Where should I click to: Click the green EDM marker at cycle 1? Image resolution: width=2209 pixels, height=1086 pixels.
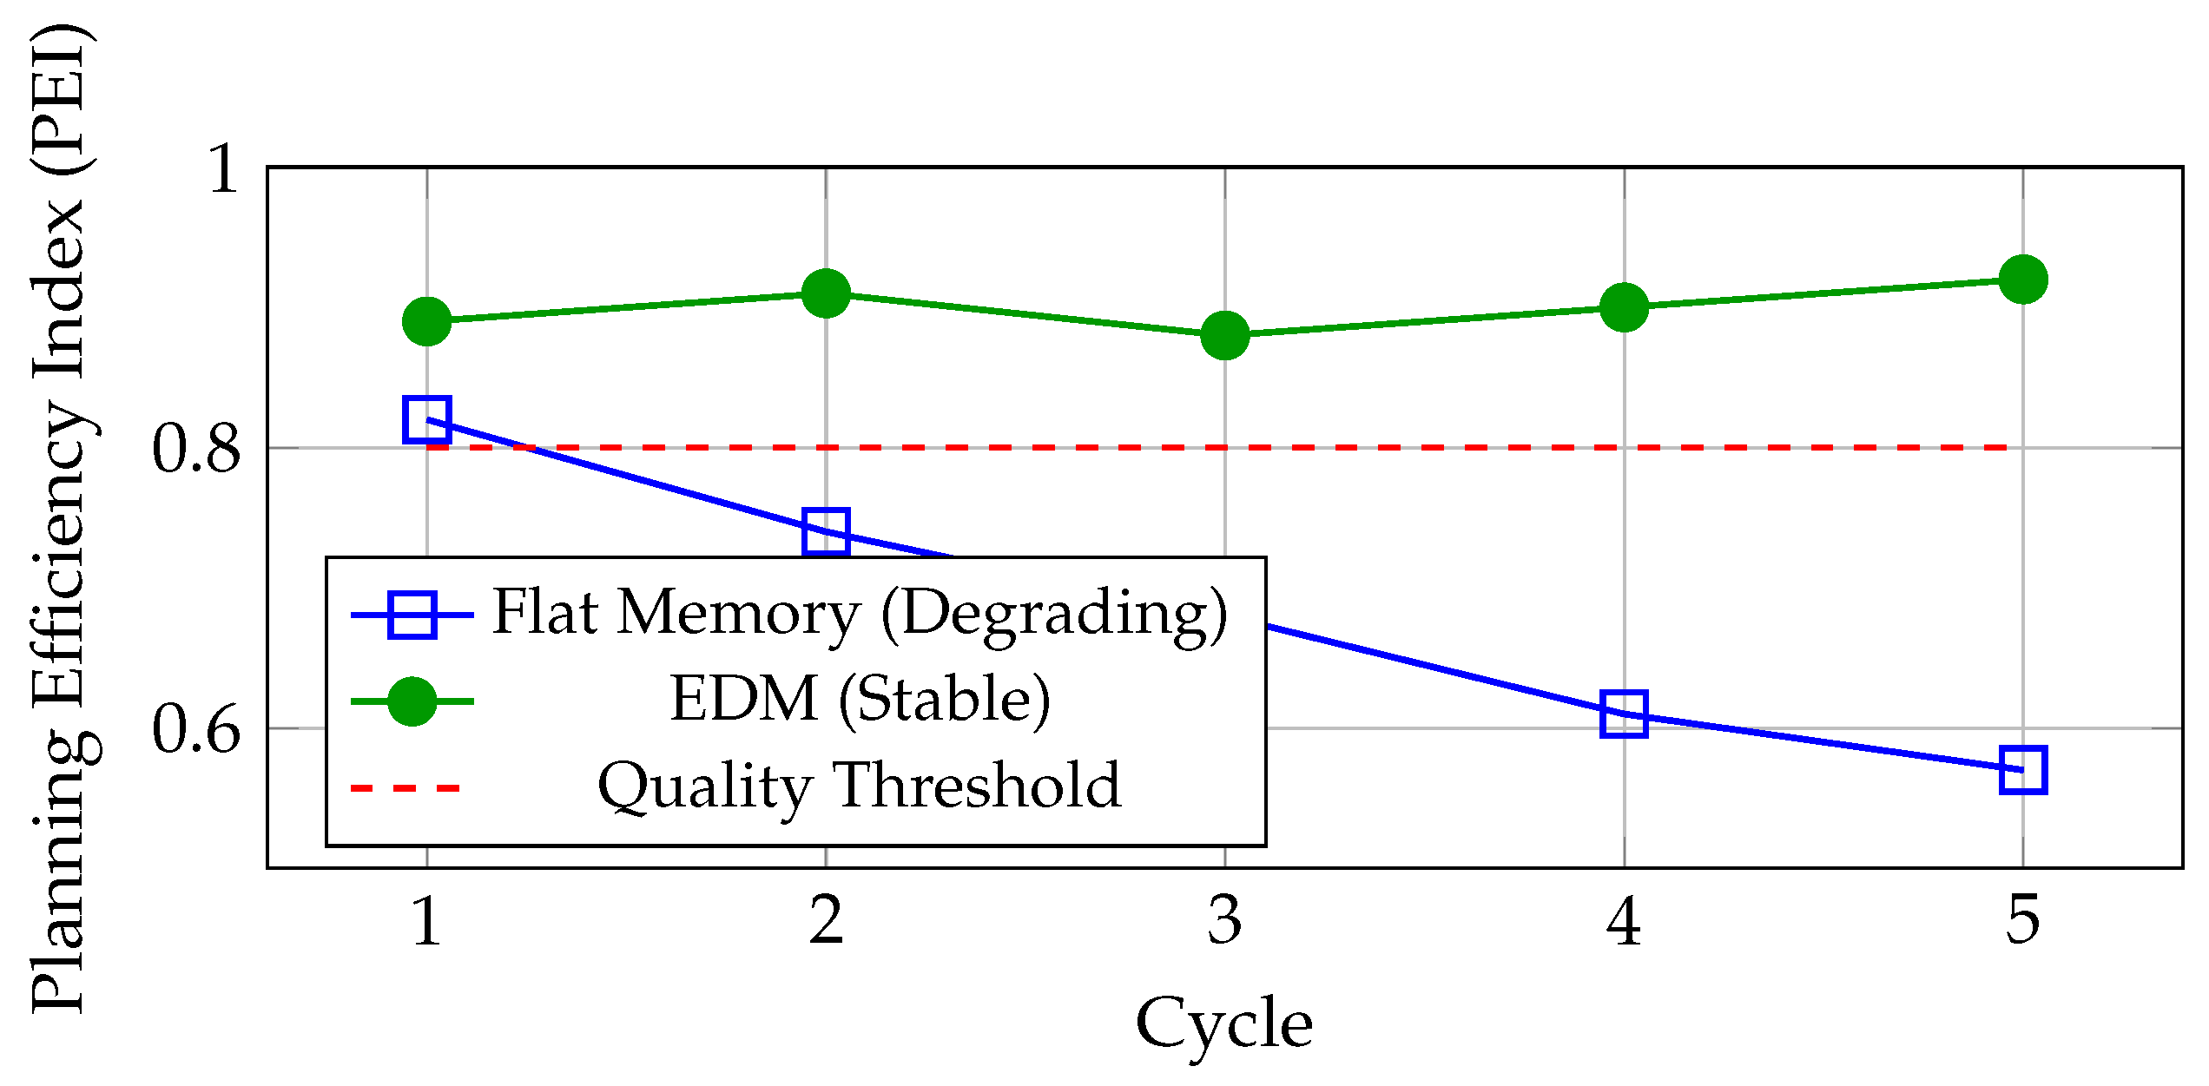click(x=426, y=321)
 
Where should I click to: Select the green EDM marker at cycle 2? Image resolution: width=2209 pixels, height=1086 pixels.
click(x=826, y=293)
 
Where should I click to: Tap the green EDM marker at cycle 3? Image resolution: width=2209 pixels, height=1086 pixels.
click(x=1224, y=335)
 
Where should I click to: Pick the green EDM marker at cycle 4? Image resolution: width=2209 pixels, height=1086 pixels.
click(x=1624, y=307)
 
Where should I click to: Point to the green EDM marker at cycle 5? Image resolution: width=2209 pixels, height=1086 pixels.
click(x=2023, y=280)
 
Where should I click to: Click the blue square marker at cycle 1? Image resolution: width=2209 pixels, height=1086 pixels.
click(x=426, y=419)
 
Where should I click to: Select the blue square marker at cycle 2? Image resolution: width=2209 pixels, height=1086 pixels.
click(x=826, y=531)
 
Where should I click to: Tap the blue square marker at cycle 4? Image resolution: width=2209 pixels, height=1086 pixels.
click(x=1624, y=714)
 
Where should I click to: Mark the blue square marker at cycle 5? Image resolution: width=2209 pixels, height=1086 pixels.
click(x=2023, y=769)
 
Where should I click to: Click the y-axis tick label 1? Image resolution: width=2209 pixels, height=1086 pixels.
click(x=223, y=168)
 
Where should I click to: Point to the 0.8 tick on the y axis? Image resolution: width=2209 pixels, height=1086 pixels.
click(x=196, y=449)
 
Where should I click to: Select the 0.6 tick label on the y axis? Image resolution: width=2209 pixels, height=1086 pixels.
click(x=196, y=729)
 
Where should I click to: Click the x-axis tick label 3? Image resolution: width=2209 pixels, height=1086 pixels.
click(x=1224, y=920)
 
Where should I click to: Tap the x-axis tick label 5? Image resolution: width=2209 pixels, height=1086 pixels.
click(x=2023, y=920)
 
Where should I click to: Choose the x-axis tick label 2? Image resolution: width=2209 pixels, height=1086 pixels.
click(x=826, y=920)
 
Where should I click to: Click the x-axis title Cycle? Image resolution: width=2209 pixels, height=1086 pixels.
click(x=1224, y=1023)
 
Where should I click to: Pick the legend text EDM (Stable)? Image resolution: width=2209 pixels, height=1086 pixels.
click(x=860, y=700)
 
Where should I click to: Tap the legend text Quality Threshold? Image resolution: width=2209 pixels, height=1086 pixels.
click(x=860, y=787)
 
